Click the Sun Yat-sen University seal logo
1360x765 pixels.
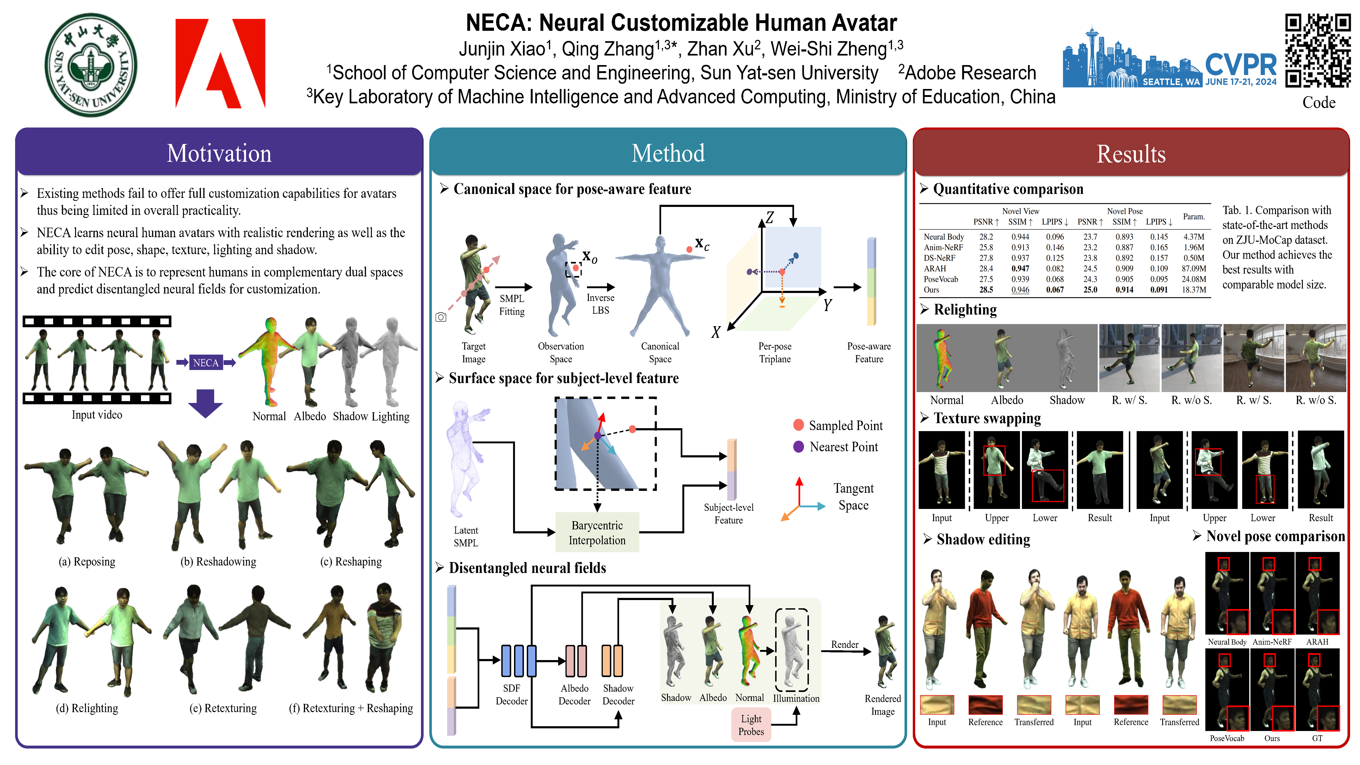(x=91, y=64)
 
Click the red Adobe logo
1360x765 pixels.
(x=220, y=63)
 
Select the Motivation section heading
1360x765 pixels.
(x=219, y=153)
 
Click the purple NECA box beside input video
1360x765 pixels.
(x=205, y=363)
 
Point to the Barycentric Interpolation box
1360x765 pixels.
(x=597, y=533)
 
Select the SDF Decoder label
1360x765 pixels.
(x=511, y=694)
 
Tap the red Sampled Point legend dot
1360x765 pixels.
(x=798, y=425)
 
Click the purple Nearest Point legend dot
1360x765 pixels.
(x=798, y=447)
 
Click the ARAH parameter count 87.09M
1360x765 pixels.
(x=1194, y=269)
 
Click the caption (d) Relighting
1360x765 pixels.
(x=87, y=708)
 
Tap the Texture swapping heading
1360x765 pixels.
(x=987, y=418)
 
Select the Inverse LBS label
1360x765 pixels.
(x=600, y=304)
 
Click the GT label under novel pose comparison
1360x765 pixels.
(x=1317, y=738)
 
